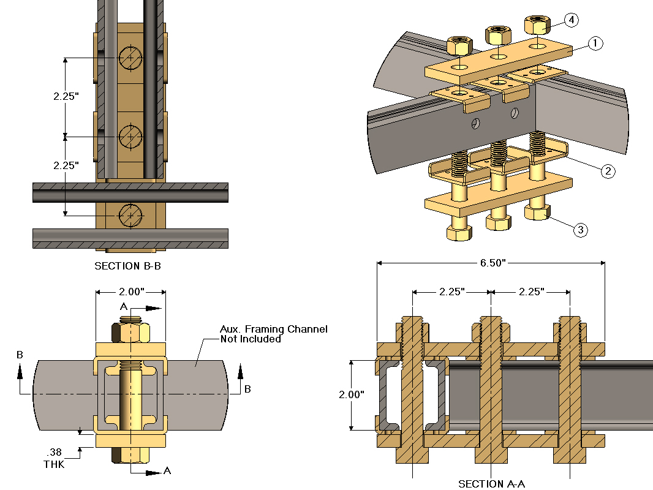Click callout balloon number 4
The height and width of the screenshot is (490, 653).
coord(570,20)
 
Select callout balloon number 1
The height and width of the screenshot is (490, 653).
coord(595,43)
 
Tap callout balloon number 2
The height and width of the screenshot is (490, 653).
coord(607,171)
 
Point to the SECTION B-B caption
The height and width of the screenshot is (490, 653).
coord(128,266)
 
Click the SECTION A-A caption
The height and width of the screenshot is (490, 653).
coord(491,484)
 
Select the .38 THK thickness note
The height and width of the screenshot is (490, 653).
coord(53,458)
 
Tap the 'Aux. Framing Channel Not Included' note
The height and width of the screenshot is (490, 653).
coord(273,334)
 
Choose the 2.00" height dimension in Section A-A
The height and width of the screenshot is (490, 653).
coord(351,395)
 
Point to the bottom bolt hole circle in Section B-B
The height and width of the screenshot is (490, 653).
coord(130,214)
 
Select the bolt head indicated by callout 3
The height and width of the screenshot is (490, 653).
coord(537,213)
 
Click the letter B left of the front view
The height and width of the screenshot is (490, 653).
coord(20,355)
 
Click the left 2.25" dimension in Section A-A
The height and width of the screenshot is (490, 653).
coord(451,292)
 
